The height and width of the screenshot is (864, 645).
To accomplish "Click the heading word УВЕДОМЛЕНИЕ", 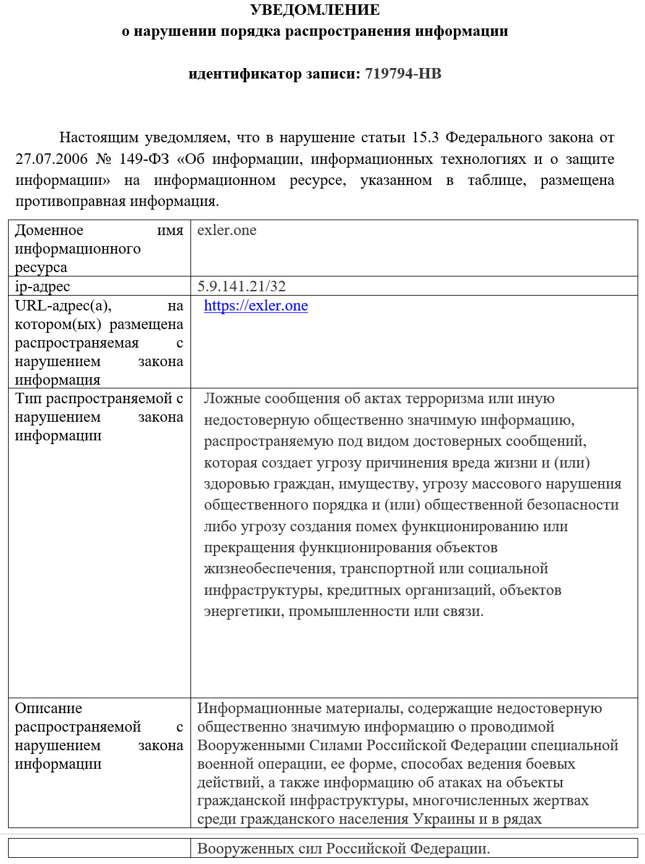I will [315, 10].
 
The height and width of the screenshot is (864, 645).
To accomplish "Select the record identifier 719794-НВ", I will [403, 74].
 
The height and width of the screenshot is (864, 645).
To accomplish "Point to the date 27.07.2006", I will [52, 159].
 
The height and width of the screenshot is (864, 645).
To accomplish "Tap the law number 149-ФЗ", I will [144, 159].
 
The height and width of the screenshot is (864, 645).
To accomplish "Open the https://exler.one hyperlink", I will [255, 306].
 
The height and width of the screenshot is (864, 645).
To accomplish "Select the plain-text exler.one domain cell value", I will [226, 230].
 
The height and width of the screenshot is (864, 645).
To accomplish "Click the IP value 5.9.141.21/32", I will [241, 286].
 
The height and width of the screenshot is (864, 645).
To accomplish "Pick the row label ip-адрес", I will [42, 286].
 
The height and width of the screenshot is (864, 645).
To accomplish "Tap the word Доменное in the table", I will [49, 230].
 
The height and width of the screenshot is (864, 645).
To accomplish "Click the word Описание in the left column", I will [48, 708].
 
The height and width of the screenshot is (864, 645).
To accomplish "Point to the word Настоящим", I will [98, 137].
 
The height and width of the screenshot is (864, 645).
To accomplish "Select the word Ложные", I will [230, 399].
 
